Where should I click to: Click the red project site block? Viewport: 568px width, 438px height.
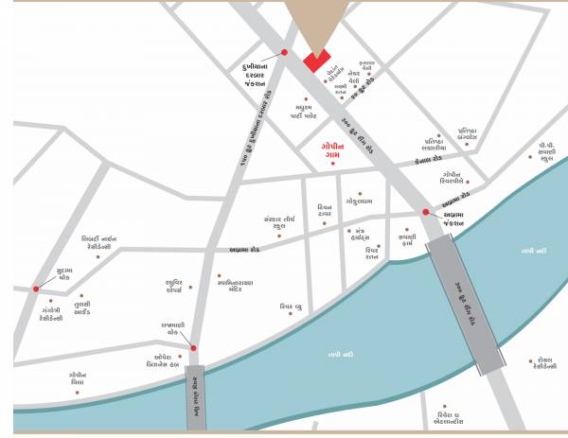coord(315,60)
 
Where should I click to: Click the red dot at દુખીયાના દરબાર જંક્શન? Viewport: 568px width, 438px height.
coord(283,51)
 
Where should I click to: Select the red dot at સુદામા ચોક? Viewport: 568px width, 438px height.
coord(36,288)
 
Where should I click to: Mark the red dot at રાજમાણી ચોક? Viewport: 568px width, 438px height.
coord(193,348)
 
